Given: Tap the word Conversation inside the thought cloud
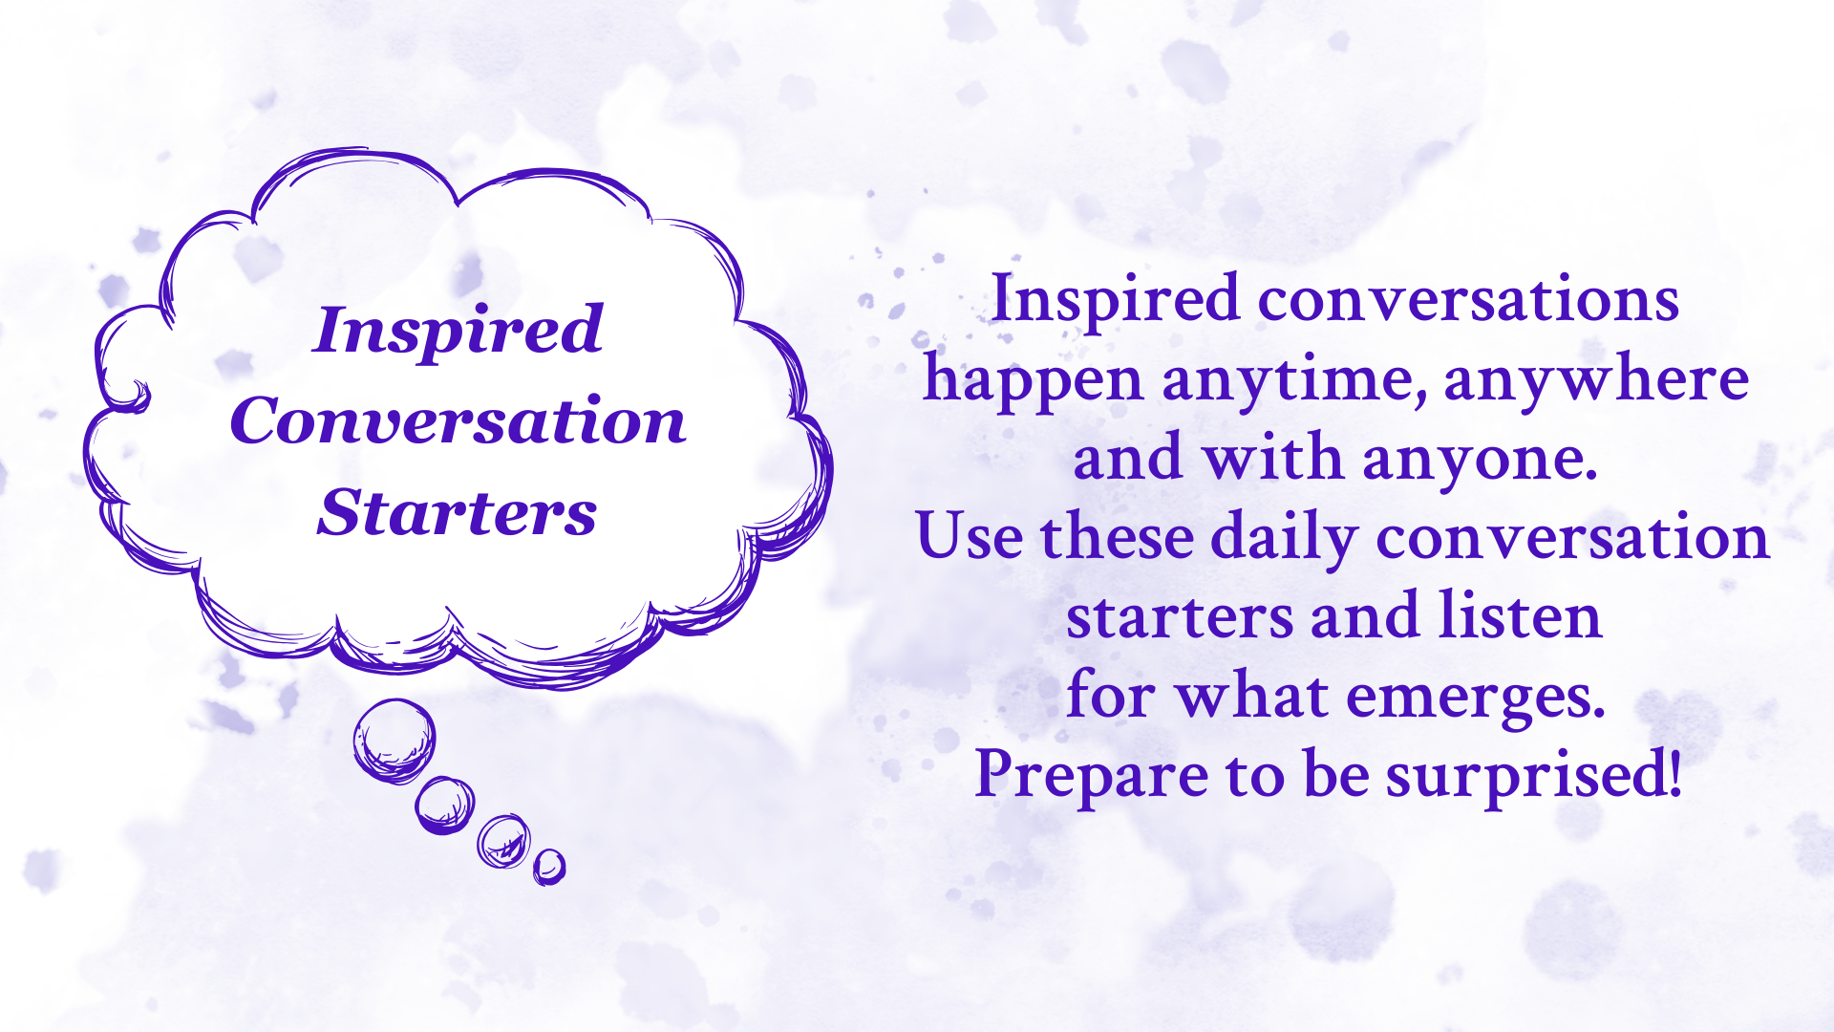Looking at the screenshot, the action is tap(458, 420).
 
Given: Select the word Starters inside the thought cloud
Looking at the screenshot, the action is tap(458, 512).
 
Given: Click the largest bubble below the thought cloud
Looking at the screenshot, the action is tap(394, 741).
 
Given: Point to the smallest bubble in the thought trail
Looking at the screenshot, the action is tap(549, 867).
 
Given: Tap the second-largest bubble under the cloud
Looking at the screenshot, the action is tap(444, 805).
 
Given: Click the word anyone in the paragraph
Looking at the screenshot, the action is tap(1480, 461).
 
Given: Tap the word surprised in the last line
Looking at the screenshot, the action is tap(1533, 776).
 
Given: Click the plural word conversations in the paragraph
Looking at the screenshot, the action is tap(1468, 300).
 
